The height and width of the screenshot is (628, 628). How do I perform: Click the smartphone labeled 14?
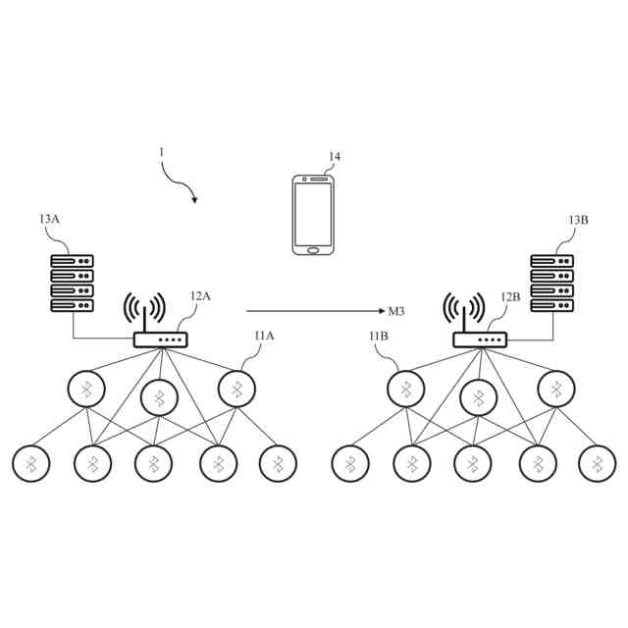[314, 214]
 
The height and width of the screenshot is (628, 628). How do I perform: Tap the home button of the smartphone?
[314, 248]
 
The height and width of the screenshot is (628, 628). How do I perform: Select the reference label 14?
[335, 157]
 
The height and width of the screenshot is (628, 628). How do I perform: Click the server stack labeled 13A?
[73, 284]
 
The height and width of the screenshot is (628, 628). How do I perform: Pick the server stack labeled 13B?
[550, 284]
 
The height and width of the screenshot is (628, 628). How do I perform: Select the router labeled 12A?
[159, 340]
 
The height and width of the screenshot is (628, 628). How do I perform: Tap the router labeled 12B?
[478, 340]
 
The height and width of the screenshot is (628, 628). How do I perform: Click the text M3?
[397, 311]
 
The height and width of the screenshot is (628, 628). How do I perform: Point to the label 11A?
[264, 336]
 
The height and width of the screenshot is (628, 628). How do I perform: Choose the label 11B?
[379, 338]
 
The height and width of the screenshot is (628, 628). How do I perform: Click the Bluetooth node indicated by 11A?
[236, 391]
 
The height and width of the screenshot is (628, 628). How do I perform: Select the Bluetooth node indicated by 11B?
[405, 391]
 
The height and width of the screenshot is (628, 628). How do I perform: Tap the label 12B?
[510, 296]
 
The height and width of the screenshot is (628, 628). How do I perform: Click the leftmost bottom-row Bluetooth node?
[31, 463]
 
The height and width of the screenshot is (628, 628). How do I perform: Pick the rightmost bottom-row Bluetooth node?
[596, 463]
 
